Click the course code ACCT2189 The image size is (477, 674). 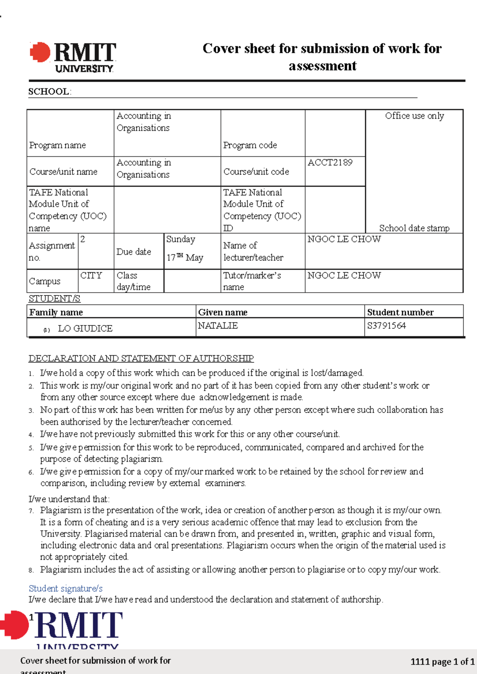tap(330, 162)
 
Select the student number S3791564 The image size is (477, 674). tap(386, 326)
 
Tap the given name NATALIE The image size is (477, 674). tap(218, 326)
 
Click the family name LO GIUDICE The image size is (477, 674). tap(85, 329)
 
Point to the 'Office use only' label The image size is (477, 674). tap(414, 116)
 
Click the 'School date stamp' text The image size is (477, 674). tap(414, 228)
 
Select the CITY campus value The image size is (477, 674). tap(91, 275)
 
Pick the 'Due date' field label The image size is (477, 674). tap(134, 252)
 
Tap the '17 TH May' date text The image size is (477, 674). tap(185, 258)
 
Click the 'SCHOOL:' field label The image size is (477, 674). tap(50, 92)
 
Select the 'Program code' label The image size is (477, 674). tap(250, 145)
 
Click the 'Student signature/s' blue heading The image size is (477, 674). tap(66, 588)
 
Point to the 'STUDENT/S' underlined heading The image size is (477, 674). tap(54, 298)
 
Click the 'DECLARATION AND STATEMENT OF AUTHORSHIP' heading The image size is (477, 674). tap(141, 358)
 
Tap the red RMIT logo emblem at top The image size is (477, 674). tap(40, 52)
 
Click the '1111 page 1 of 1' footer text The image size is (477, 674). tap(442, 662)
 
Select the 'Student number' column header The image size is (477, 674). tap(400, 312)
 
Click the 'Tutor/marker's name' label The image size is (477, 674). tap(252, 281)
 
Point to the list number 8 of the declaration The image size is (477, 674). tap(31, 570)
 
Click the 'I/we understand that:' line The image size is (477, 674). tap(69, 499)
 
